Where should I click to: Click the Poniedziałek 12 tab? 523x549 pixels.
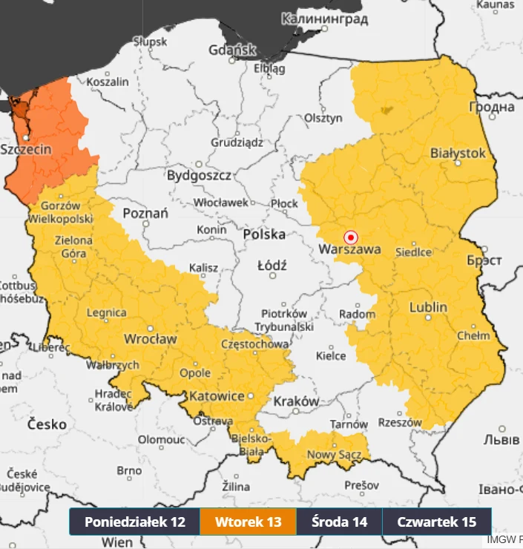(134, 522)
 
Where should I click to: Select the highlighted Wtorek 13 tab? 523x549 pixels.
(248, 522)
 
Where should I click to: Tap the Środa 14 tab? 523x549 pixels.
(339, 522)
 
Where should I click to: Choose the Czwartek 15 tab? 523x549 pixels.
(436, 522)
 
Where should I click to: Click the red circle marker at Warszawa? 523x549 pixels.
(352, 237)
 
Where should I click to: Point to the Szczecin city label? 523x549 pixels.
(27, 149)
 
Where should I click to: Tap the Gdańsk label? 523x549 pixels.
(232, 50)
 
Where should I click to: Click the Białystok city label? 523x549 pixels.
(458, 153)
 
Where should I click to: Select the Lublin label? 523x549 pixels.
(428, 306)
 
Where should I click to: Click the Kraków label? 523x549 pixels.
(296, 401)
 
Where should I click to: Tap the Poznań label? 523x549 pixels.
(145, 213)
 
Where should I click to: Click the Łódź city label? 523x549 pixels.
(272, 265)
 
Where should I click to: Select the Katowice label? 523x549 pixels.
(217, 396)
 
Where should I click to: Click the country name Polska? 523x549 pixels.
(264, 234)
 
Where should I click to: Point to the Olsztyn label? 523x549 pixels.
(323, 118)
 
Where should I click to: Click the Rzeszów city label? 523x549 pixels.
(399, 422)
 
